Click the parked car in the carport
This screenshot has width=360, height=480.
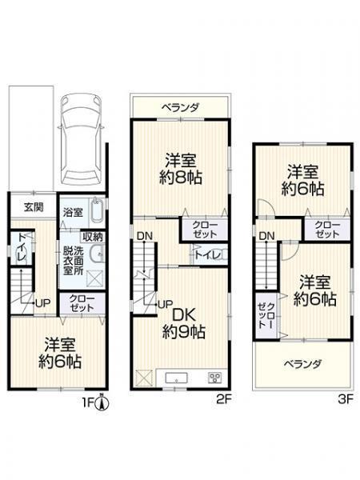click(x=81, y=139)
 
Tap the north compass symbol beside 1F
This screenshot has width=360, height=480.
click(x=102, y=402)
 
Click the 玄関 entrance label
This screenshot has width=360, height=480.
click(x=34, y=207)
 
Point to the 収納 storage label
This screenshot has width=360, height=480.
click(x=93, y=237)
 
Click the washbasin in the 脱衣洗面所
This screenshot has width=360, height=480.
click(x=98, y=254)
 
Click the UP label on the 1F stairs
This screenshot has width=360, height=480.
click(x=43, y=303)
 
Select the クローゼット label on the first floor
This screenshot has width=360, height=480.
click(x=82, y=303)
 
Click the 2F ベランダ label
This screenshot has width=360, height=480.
click(x=181, y=108)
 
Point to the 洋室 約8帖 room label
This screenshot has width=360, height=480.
click(x=181, y=168)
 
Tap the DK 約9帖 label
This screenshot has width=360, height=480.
click(x=184, y=323)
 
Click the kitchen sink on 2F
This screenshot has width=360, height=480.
click(x=177, y=378)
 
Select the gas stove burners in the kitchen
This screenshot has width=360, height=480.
click(x=214, y=378)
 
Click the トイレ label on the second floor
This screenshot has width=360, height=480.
click(x=207, y=254)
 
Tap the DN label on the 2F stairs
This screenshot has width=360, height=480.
click(x=145, y=236)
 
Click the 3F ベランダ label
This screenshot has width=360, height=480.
click(x=302, y=364)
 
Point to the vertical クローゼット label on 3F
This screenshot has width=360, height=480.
click(x=266, y=316)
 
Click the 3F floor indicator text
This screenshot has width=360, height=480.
click(x=346, y=399)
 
